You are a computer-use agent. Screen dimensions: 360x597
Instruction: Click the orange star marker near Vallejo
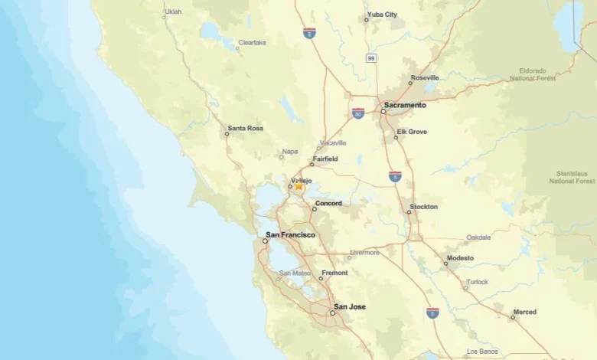point(298,187)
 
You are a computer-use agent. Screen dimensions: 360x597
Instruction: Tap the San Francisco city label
point(290,234)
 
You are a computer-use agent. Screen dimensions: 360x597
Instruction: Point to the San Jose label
point(350,306)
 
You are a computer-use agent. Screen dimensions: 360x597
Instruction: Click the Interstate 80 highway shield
point(358,113)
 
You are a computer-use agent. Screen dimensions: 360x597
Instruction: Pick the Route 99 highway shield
point(371,57)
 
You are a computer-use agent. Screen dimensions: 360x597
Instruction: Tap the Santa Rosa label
point(245,128)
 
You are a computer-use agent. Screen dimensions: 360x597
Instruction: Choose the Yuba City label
point(382,15)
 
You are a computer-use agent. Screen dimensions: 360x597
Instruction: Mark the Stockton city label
point(423,207)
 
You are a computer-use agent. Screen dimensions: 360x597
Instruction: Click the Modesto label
point(460,258)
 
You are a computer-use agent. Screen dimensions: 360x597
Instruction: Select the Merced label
point(525,312)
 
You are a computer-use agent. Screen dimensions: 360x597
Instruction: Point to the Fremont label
point(334,273)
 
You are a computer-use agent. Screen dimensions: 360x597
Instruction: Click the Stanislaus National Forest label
point(572,178)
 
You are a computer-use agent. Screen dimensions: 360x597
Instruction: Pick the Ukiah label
point(173,11)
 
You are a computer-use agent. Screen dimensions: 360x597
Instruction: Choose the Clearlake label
point(252,43)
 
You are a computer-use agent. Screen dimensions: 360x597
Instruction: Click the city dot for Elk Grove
point(396,138)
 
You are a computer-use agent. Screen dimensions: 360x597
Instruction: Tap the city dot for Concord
point(314,209)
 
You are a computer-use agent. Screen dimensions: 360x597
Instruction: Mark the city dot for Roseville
point(410,83)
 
